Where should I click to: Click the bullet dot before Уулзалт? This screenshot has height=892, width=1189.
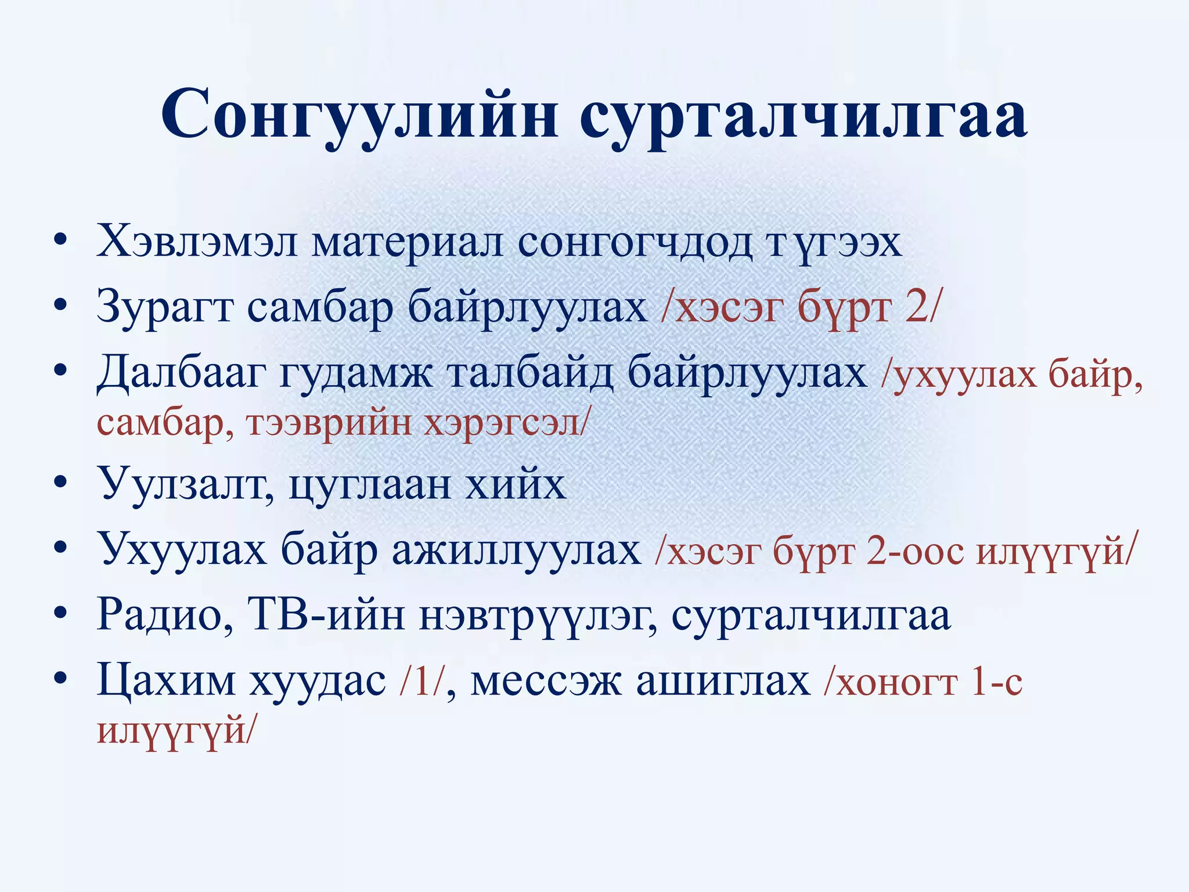point(59,483)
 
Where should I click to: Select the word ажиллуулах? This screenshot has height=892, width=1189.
point(516,549)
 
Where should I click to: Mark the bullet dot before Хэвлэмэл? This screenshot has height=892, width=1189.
point(59,242)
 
